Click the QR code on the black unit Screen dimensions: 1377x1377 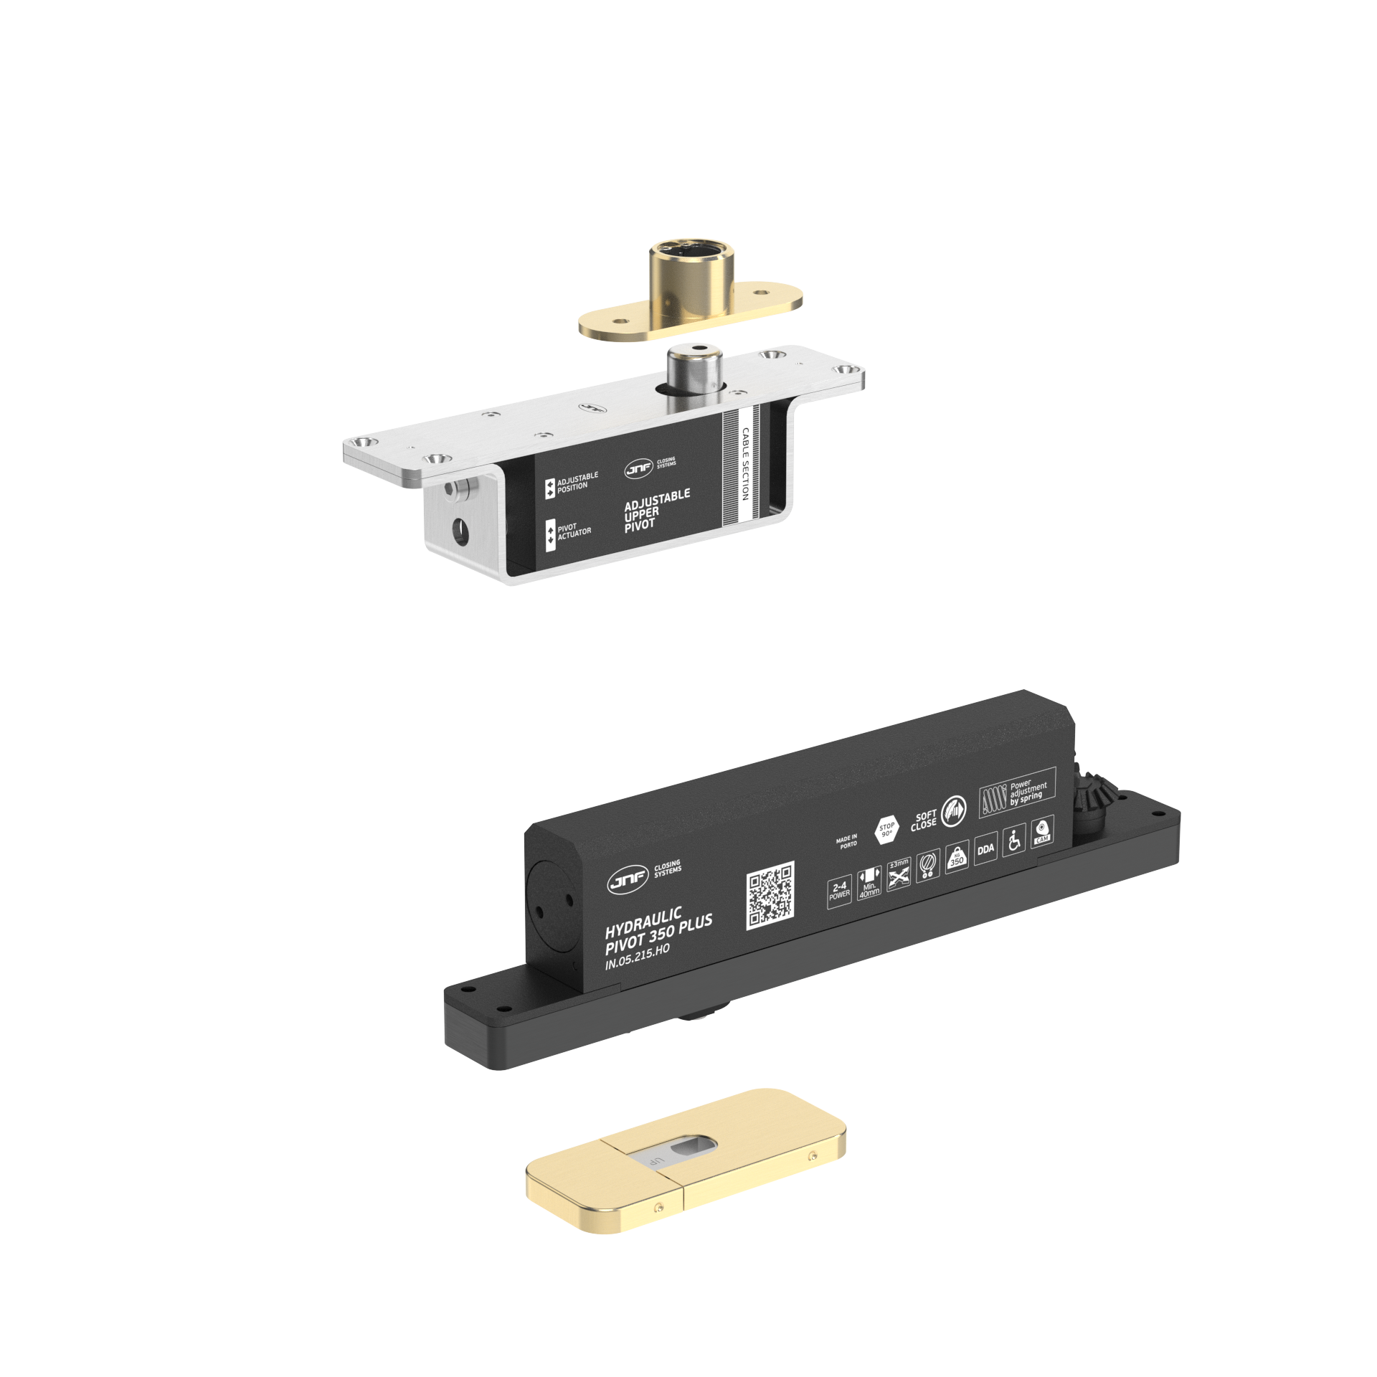click(770, 895)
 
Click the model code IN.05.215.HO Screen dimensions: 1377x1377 click(637, 957)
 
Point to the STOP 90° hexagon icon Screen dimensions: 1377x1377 click(886, 830)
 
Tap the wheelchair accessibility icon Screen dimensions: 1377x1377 click(1013, 841)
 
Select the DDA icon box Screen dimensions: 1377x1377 click(985, 849)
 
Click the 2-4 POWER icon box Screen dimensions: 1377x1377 click(839, 891)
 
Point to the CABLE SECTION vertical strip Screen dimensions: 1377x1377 click(745, 464)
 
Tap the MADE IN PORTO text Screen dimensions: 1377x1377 click(846, 841)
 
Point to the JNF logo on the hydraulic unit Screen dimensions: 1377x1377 click(628, 881)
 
